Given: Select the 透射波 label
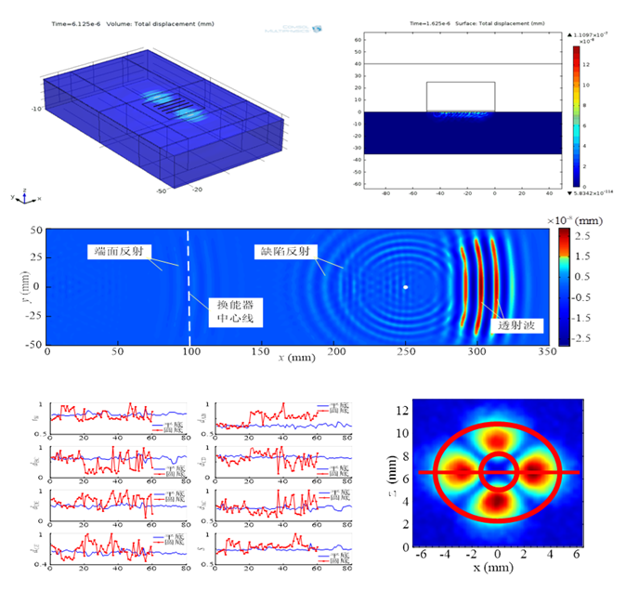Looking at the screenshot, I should click(519, 325).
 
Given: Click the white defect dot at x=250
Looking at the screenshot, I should click(406, 287).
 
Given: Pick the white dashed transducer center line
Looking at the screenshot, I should click(189, 279).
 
